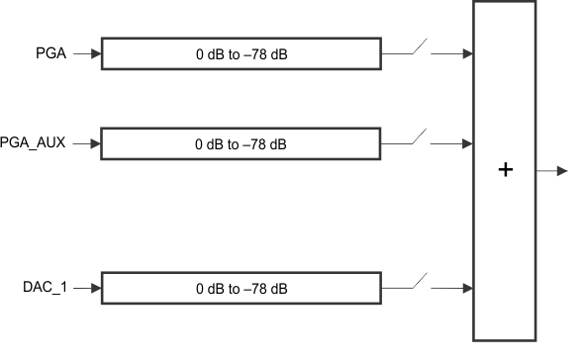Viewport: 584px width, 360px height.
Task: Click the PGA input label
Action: tap(51, 54)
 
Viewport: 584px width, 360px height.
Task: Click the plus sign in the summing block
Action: tap(506, 170)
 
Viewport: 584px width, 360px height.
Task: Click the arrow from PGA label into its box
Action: tap(87, 54)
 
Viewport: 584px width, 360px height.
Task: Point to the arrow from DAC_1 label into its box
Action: tap(87, 289)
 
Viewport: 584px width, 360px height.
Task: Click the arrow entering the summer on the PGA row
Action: tap(457, 54)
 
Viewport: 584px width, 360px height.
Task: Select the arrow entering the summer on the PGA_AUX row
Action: tap(457, 143)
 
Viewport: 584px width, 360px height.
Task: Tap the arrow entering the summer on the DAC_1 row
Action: tap(457, 289)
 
